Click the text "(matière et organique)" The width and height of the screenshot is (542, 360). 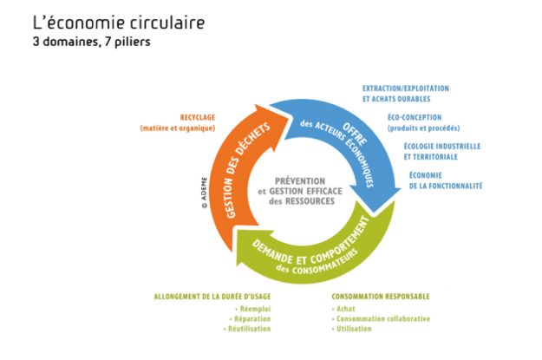(x=183, y=128)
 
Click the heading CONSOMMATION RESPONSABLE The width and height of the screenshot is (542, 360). (x=380, y=296)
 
